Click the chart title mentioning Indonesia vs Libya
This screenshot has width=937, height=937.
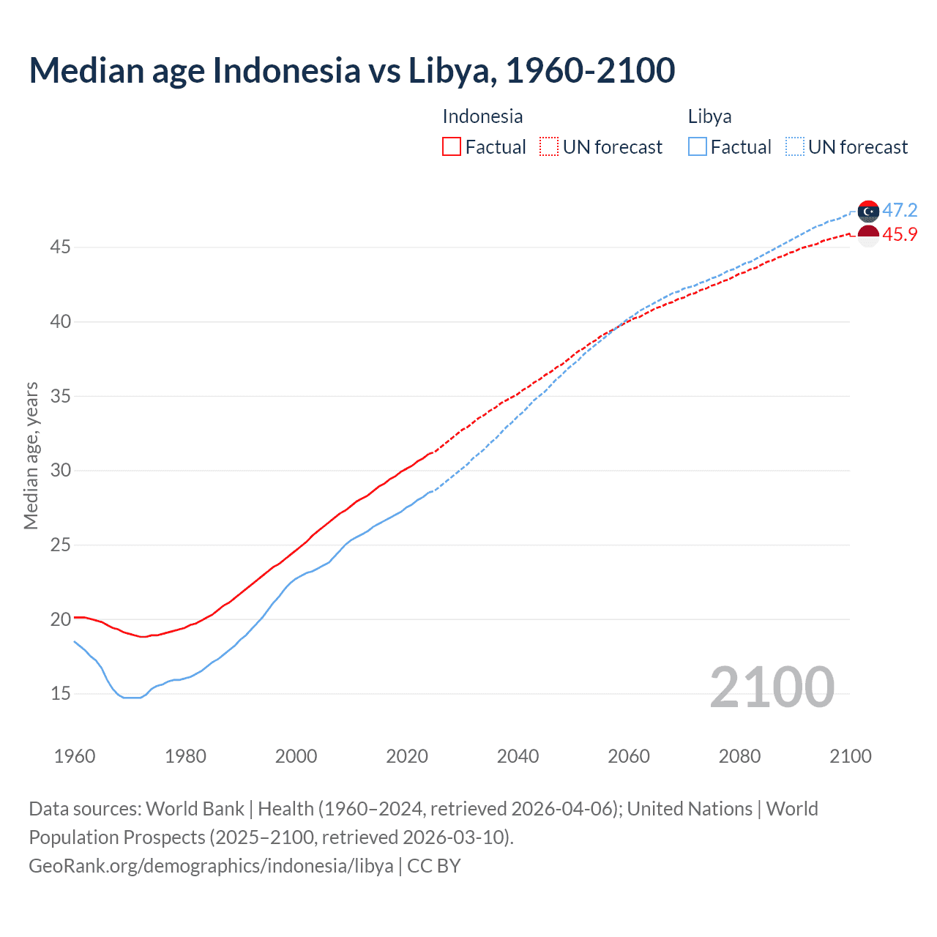[351, 70]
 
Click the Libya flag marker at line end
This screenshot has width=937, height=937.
[868, 211]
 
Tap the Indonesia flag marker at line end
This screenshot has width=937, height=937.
[868, 236]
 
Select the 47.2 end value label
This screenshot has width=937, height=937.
[900, 211]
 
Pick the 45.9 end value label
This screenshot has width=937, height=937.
[900, 235]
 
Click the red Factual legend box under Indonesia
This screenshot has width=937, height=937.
[452, 147]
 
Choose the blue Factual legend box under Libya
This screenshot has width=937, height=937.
[698, 147]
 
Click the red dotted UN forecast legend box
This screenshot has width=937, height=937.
[549, 147]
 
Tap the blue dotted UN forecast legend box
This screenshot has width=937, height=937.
[795, 147]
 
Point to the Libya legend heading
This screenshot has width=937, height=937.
[709, 116]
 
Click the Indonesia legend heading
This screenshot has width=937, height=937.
[482, 116]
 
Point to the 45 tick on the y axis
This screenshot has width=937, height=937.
[60, 247]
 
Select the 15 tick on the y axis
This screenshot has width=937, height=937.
[60, 693]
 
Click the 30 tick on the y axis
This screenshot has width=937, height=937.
[60, 470]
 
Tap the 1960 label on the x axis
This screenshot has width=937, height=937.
[75, 756]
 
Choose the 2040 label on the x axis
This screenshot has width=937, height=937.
[518, 756]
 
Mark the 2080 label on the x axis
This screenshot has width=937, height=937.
[739, 756]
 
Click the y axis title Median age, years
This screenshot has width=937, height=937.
[31, 455]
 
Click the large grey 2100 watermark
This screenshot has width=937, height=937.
[772, 687]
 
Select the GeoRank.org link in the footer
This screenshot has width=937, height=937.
[211, 866]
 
